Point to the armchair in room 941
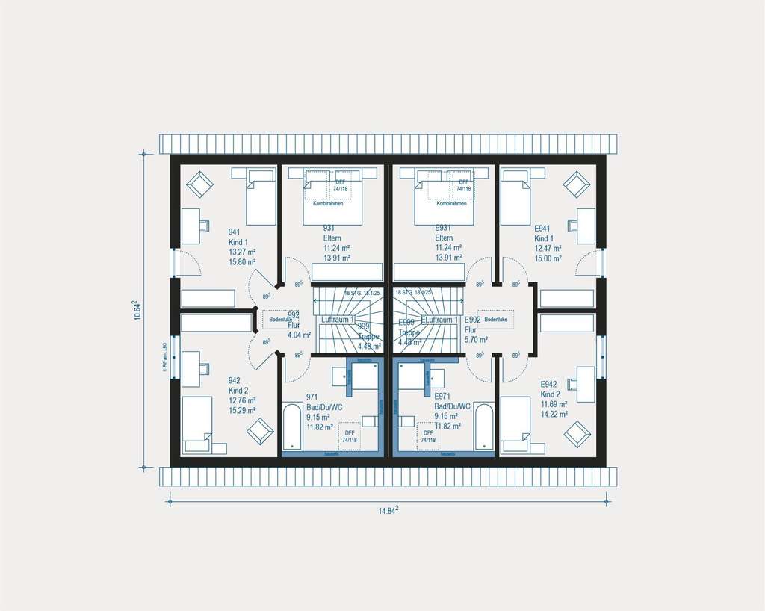click(199, 184)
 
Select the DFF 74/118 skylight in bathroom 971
click(349, 436)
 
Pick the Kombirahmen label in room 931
click(328, 204)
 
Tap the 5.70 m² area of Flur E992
click(476, 338)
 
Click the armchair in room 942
click(260, 432)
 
